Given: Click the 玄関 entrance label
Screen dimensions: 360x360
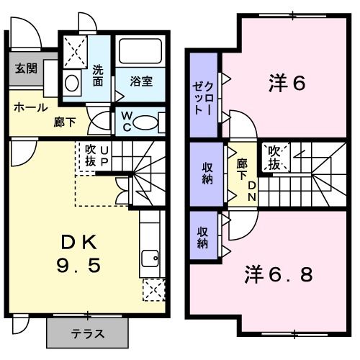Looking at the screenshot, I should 26,70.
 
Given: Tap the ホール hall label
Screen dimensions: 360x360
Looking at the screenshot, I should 30,107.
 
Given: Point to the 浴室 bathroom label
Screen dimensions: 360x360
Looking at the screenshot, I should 140,81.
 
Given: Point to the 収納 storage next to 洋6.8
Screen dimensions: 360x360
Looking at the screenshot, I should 204,238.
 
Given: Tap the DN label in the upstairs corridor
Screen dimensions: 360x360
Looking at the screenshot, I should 253,189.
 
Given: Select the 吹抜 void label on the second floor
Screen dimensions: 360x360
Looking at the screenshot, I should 275,157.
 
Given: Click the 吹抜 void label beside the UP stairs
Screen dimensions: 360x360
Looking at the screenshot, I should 90,156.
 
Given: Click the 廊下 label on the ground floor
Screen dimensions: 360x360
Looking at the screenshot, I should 64,122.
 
